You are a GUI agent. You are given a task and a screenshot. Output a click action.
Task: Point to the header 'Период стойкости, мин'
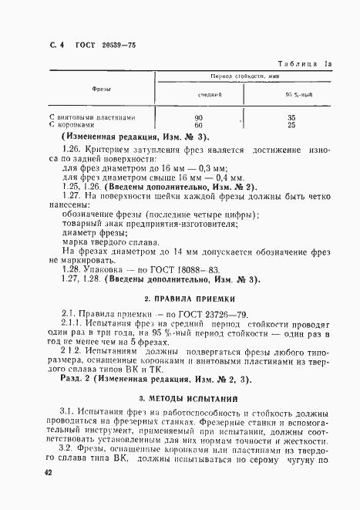tap(245, 78)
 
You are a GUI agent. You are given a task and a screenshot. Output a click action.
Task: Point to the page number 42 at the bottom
tap(49, 472)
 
